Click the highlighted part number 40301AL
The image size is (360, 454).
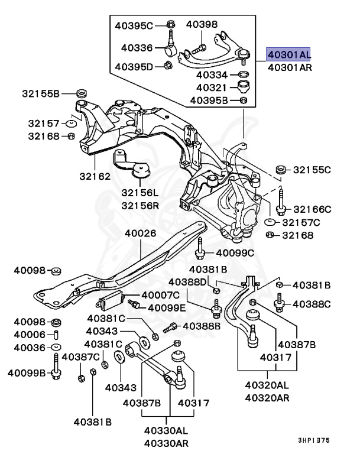click(x=288, y=54)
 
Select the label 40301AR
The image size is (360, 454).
click(x=289, y=67)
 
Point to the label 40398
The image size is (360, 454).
click(x=202, y=24)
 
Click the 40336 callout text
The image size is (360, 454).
click(x=137, y=47)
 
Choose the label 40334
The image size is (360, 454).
click(x=212, y=75)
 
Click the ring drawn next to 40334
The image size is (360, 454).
click(x=242, y=75)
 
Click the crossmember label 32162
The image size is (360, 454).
click(x=95, y=176)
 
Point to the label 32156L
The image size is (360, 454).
click(x=140, y=193)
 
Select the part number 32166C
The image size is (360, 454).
click(x=312, y=209)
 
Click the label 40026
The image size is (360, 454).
click(x=140, y=233)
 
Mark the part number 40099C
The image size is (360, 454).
click(x=234, y=253)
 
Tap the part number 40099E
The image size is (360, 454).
click(x=166, y=307)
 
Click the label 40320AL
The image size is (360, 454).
click(x=267, y=385)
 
